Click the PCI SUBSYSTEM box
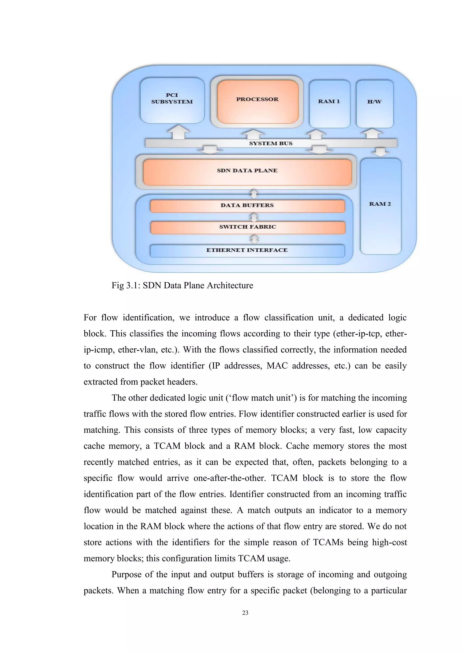(172, 100)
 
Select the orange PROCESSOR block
(257, 101)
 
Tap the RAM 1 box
(329, 103)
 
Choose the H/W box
(374, 103)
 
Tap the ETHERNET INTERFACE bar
(247, 251)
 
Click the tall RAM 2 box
(380, 206)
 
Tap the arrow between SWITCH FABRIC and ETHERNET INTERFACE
(254, 239)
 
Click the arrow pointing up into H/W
(372, 133)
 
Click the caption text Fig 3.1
(182, 285)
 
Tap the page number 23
(245, 613)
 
